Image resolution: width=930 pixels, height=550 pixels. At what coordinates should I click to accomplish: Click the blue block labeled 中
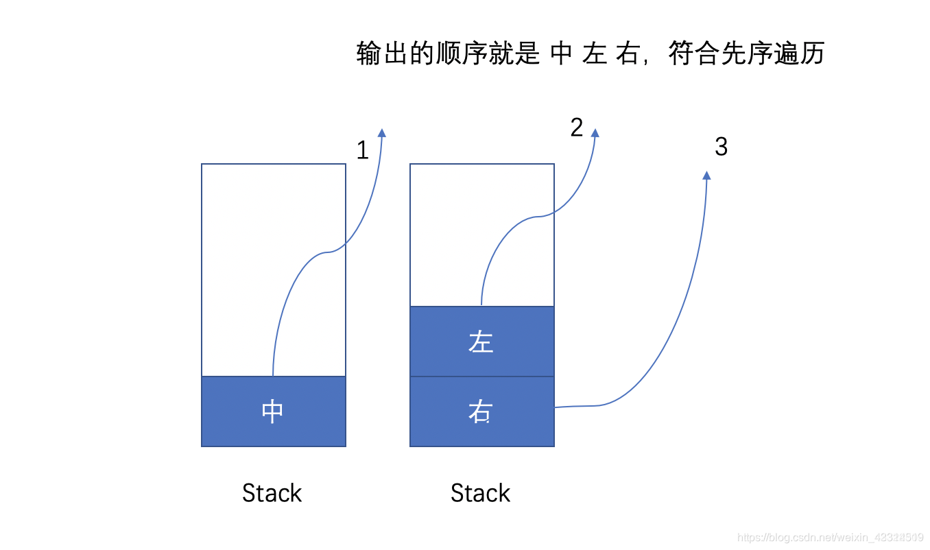tap(273, 411)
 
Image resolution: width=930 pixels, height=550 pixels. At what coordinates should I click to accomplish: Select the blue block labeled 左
tap(481, 342)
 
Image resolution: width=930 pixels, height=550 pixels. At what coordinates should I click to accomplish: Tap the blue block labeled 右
tap(481, 411)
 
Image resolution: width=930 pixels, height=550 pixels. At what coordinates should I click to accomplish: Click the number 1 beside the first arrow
tap(363, 151)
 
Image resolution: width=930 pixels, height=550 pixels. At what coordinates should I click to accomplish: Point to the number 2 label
tap(577, 128)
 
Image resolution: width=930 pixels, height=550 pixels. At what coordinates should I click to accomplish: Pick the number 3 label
tap(721, 147)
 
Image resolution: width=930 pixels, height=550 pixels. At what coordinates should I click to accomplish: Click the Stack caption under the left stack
tap(272, 493)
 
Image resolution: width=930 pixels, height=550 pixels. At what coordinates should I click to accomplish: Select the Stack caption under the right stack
tap(480, 493)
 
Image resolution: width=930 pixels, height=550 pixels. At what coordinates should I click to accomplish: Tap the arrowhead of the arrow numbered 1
tap(382, 132)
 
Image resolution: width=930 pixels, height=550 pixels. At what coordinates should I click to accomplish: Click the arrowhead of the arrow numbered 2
tap(595, 132)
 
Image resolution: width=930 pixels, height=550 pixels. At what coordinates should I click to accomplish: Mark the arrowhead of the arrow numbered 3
tap(706, 176)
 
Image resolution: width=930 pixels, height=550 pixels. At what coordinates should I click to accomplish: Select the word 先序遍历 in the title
tap(772, 53)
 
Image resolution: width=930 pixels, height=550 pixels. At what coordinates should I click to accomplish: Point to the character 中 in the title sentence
tap(561, 53)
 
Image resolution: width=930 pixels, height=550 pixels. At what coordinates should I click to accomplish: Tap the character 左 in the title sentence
tap(595, 53)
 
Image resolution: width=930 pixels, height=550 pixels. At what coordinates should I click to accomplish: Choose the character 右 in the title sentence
tap(627, 53)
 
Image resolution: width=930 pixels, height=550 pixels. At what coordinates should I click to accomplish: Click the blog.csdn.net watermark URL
tap(831, 537)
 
